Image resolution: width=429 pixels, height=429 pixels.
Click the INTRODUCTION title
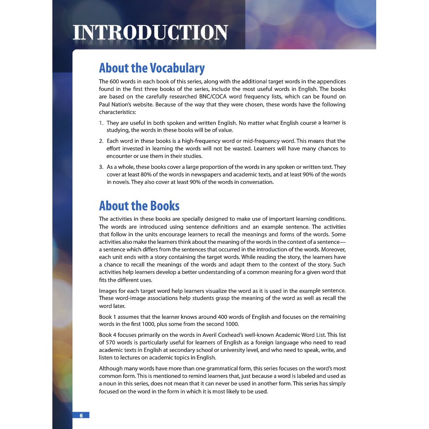[x=150, y=33]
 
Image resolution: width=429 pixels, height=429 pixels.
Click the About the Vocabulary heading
[x=152, y=68]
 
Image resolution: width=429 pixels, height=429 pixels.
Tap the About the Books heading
[x=139, y=206]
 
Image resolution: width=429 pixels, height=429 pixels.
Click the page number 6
[x=81, y=415]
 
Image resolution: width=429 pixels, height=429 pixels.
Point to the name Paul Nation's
[x=116, y=104]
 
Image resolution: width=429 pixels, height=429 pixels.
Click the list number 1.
[x=101, y=123]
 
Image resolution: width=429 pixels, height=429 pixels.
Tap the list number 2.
[x=101, y=141]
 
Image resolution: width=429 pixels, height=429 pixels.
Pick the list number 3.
[x=101, y=167]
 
